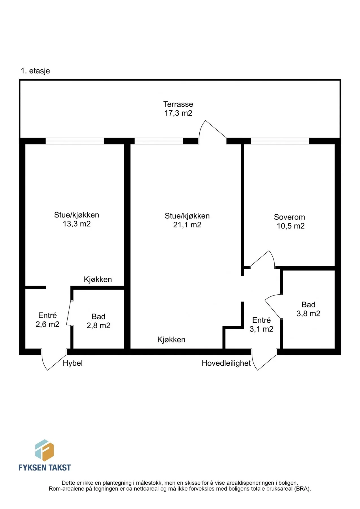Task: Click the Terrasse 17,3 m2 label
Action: (x=178, y=109)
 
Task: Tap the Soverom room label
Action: (x=289, y=217)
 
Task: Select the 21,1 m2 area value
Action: (x=187, y=225)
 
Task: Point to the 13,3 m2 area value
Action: (x=77, y=224)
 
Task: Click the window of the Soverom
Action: (x=280, y=141)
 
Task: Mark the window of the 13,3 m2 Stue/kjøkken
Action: (x=75, y=141)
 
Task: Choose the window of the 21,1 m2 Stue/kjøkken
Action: (x=159, y=141)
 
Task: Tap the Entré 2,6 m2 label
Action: (x=48, y=320)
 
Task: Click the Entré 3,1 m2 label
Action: (x=261, y=325)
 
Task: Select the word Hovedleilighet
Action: (x=226, y=363)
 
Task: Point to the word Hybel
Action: (x=73, y=363)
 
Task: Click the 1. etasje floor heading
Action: (x=35, y=71)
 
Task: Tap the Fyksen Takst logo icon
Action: (x=44, y=450)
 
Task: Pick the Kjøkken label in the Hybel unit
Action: (x=98, y=279)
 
